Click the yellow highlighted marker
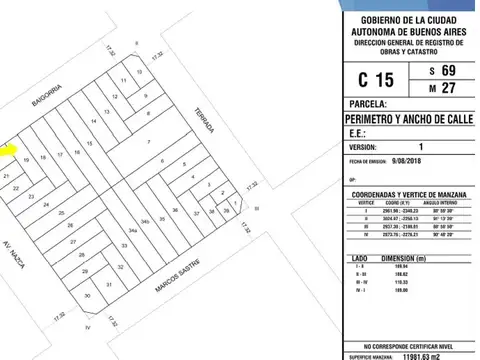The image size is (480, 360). click(6, 151)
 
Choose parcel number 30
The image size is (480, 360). click(88, 296)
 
